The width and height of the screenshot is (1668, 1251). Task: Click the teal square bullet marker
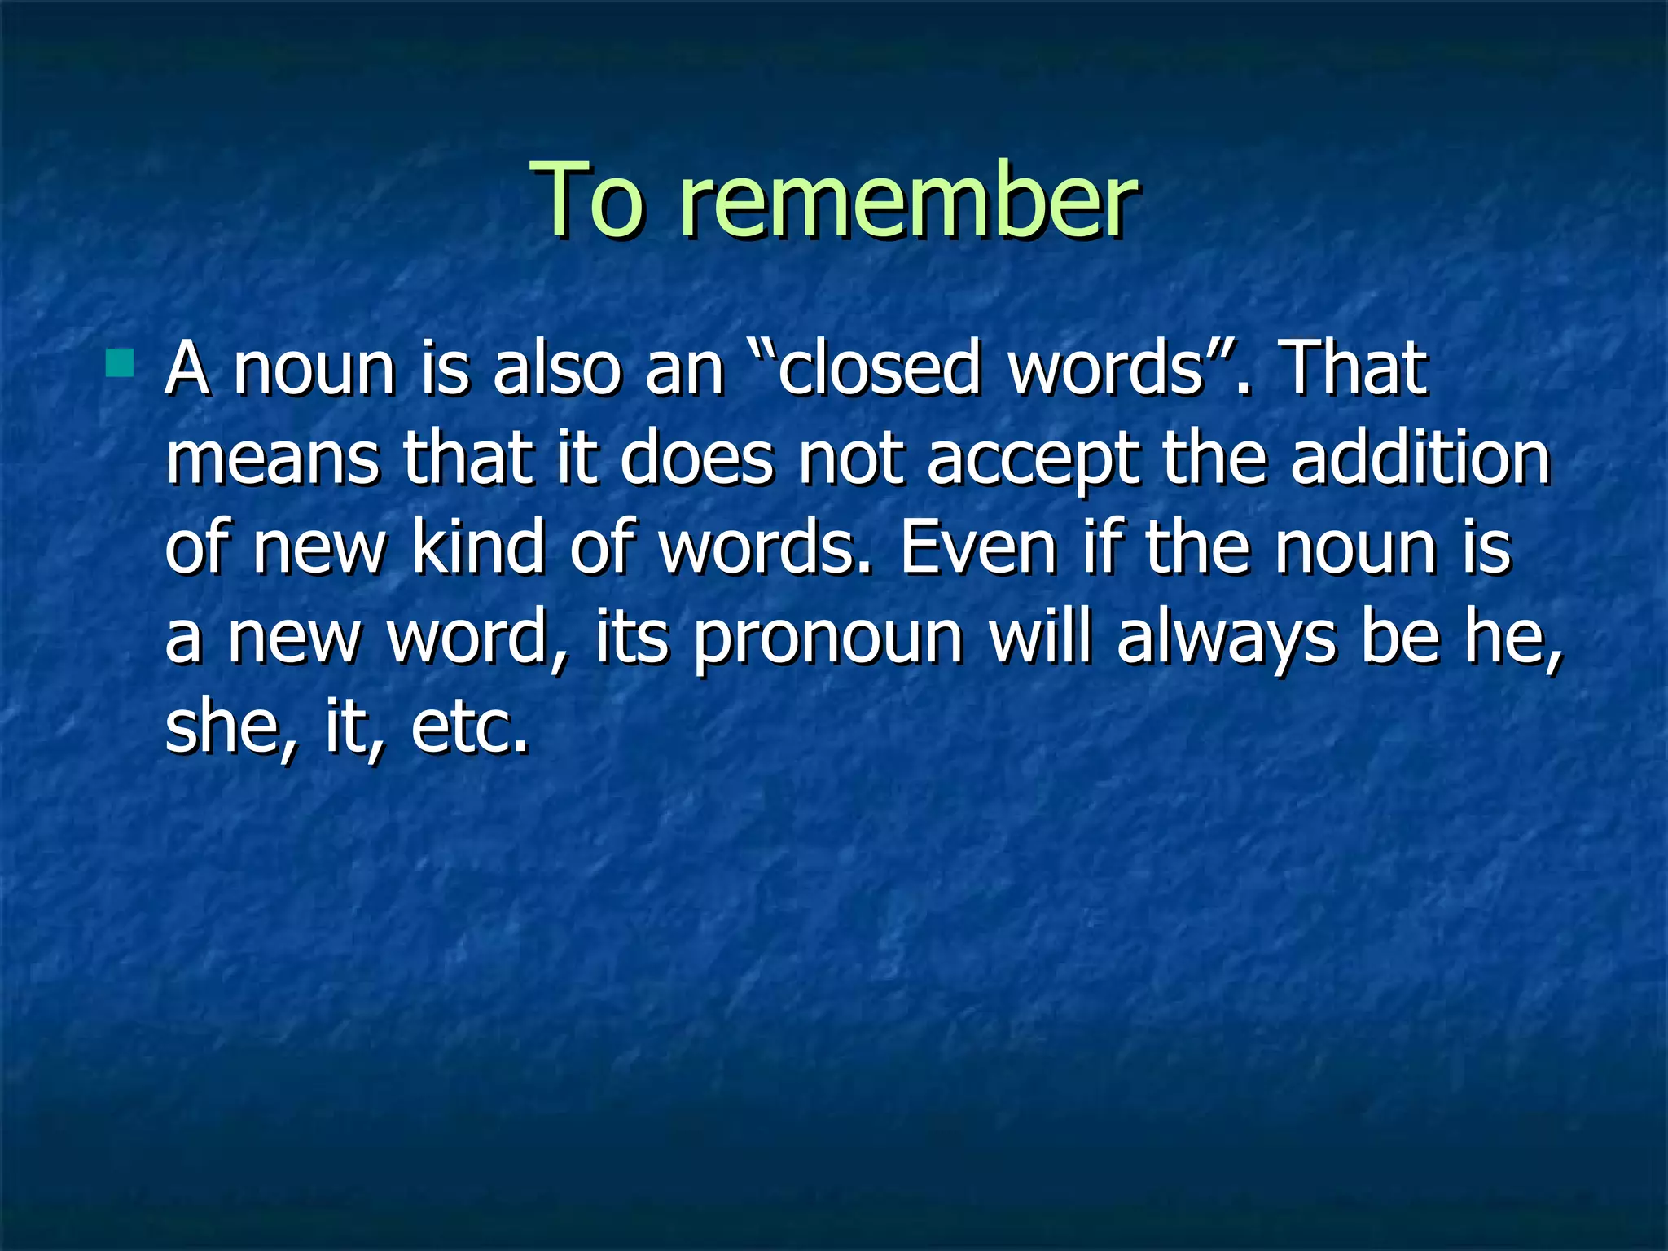(x=120, y=363)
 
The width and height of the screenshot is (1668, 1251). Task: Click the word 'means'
(x=273, y=458)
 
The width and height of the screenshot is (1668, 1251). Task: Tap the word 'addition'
(x=1420, y=458)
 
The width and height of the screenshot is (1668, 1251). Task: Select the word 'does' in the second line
(x=696, y=458)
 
